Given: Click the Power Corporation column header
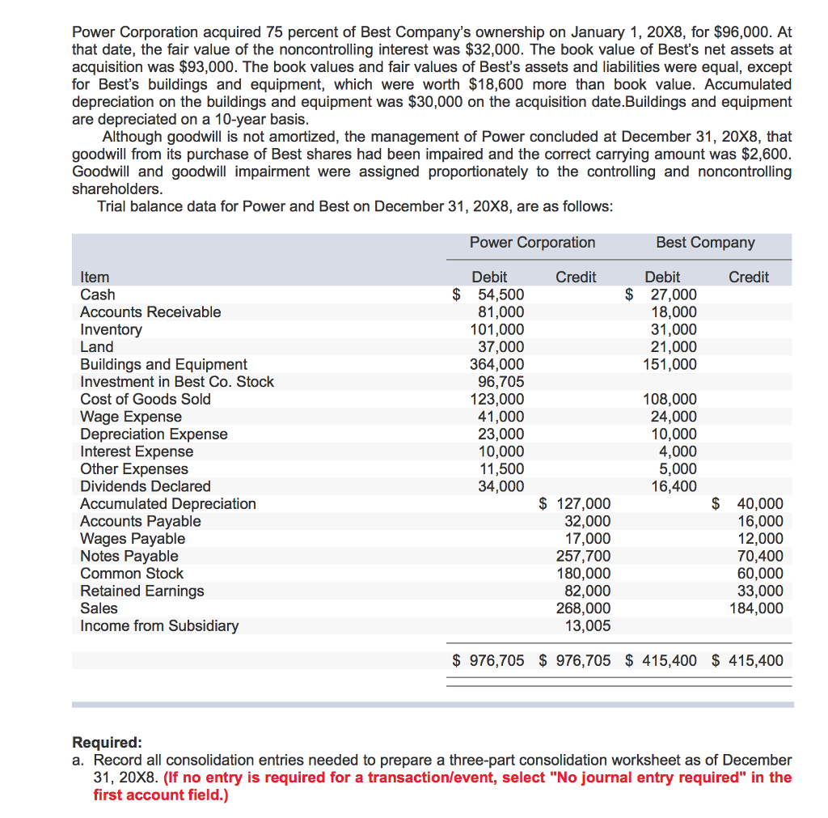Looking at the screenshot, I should point(532,243).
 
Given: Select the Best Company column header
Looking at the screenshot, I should point(705,243).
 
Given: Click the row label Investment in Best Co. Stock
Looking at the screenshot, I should point(177,382).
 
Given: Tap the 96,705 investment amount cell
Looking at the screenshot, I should point(501,382).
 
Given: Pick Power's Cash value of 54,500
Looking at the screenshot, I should point(501,295).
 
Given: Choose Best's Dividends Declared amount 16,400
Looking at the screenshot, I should point(674,486).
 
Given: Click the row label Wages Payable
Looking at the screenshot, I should point(133,539).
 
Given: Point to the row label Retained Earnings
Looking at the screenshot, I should point(142,591).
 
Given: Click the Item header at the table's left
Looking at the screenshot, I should point(95,278).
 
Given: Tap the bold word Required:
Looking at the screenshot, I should point(107,743).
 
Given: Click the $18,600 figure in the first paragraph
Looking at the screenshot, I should point(496,85).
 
